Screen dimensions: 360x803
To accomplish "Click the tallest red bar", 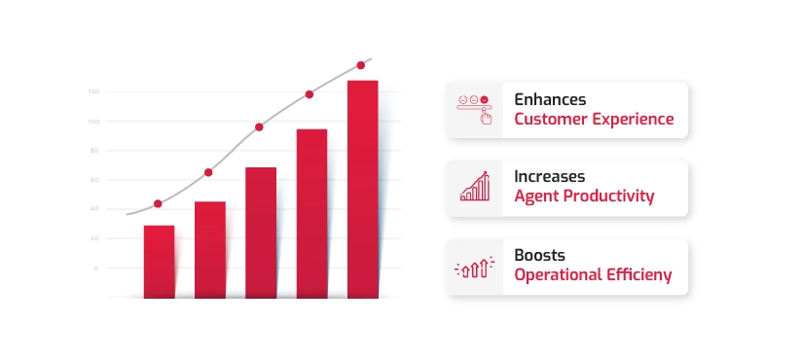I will [x=362, y=189].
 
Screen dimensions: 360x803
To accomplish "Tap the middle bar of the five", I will [x=261, y=233].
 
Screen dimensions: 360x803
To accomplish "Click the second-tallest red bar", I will [x=311, y=213].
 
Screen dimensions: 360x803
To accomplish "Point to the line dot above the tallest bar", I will [x=361, y=65].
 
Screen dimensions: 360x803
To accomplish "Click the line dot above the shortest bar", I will [x=158, y=203].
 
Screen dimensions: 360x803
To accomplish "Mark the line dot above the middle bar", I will [x=259, y=126].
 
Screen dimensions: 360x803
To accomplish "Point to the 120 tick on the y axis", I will [x=94, y=91].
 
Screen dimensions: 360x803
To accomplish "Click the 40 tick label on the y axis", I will [x=94, y=209].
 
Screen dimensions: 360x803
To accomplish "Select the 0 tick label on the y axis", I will [x=95, y=268].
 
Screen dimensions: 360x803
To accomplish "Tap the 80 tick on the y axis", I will [x=94, y=151].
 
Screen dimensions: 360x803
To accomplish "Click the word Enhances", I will [x=549, y=99].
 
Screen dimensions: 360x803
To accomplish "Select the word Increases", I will [x=549, y=177].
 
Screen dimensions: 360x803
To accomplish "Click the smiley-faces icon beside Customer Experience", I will [x=475, y=109].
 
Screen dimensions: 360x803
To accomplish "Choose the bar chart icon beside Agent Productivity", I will [x=475, y=188].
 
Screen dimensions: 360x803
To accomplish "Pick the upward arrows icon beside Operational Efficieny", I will [x=475, y=266].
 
